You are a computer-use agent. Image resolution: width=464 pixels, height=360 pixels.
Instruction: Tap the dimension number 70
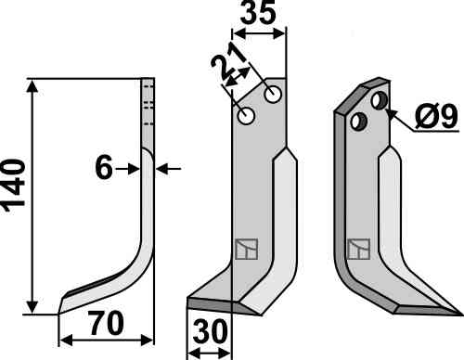point(106,324)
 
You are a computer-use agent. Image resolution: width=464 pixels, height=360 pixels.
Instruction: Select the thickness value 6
point(104,169)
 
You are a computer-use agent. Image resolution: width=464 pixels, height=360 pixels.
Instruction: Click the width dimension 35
point(258,13)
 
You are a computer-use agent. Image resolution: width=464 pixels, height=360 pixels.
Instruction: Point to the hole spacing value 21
point(228,66)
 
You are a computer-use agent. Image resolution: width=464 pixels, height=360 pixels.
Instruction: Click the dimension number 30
point(210,331)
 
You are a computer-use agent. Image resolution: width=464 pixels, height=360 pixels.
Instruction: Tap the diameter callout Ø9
point(436,116)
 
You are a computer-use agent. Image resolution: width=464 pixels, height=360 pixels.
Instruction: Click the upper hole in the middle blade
point(273,94)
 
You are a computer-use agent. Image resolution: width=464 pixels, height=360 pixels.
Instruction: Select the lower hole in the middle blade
point(246,116)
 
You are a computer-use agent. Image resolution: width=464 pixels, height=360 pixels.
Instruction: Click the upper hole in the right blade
point(380,100)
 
